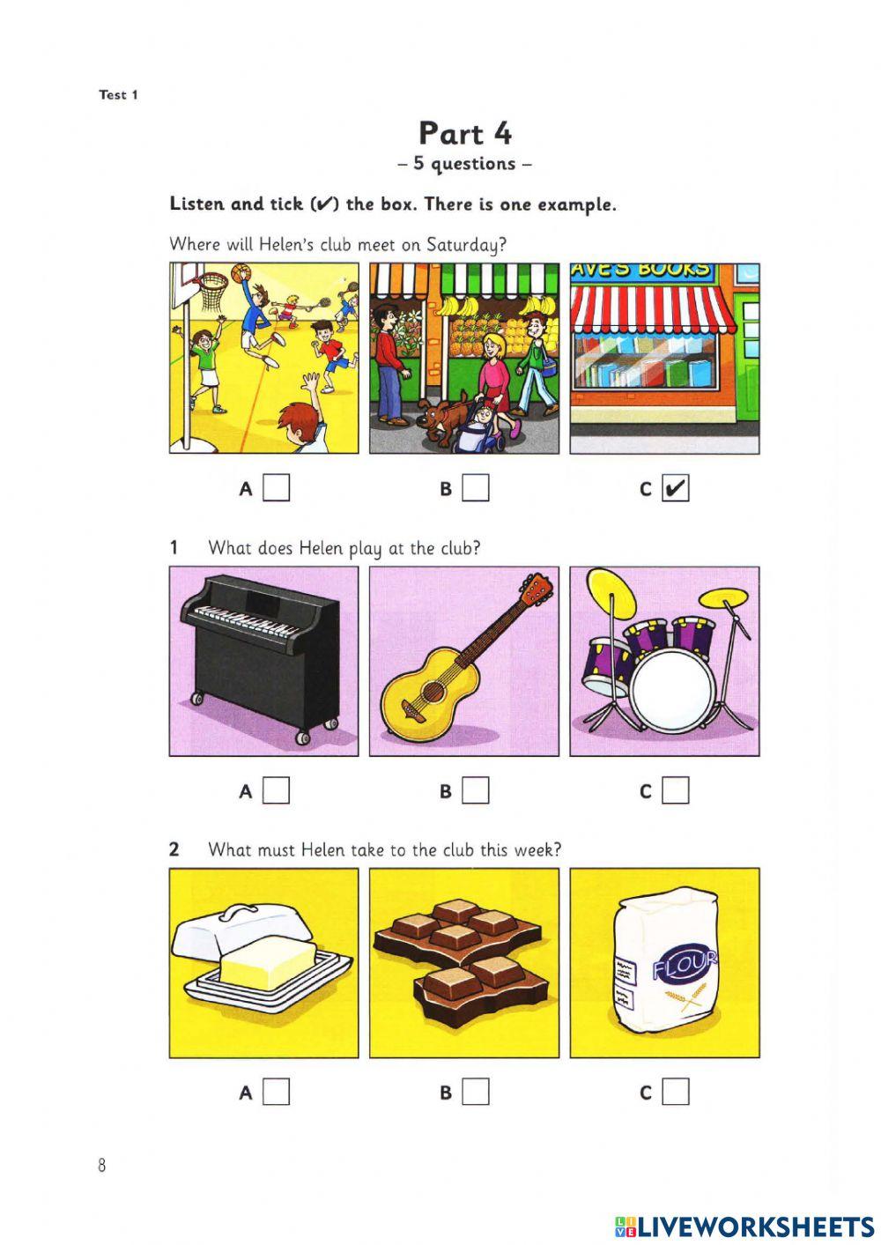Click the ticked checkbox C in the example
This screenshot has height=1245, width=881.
coord(676,488)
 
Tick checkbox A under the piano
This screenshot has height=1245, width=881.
coord(277,790)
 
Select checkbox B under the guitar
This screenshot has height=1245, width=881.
coord(476,790)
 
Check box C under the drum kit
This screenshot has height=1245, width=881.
coord(676,790)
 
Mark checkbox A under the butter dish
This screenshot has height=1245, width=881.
coord(277,1093)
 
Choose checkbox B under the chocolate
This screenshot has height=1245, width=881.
coord(476,1093)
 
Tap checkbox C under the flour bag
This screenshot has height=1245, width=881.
coord(676,1093)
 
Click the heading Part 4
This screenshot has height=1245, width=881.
coord(464,133)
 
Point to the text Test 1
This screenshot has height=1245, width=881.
coord(118,94)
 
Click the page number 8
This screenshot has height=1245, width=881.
coord(102,1166)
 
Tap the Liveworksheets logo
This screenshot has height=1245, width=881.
coord(744,1226)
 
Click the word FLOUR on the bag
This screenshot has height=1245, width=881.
coord(685,967)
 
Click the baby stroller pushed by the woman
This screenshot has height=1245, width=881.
coord(478,427)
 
